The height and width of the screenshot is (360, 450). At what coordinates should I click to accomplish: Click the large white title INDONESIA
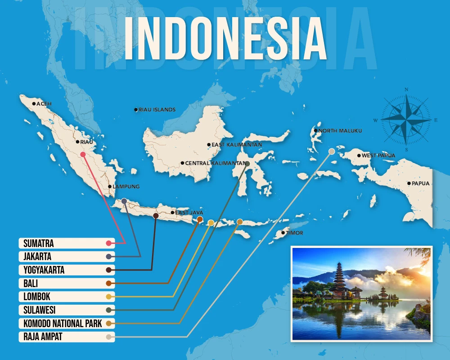(x=225, y=39)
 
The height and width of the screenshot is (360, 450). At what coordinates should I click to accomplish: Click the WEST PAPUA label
(x=378, y=156)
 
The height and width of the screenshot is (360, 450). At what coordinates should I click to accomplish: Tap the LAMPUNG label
(x=126, y=186)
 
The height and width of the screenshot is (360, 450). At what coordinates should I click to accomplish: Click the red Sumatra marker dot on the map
(x=83, y=154)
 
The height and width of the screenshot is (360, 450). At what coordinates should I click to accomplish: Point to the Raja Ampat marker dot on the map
(x=332, y=152)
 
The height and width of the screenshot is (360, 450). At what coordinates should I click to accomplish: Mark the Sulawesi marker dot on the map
(x=247, y=164)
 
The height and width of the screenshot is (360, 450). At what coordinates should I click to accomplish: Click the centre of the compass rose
(x=406, y=120)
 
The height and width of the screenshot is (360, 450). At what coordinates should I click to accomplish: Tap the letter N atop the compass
(x=406, y=90)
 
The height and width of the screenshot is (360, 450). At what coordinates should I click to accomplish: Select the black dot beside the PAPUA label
(x=409, y=184)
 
